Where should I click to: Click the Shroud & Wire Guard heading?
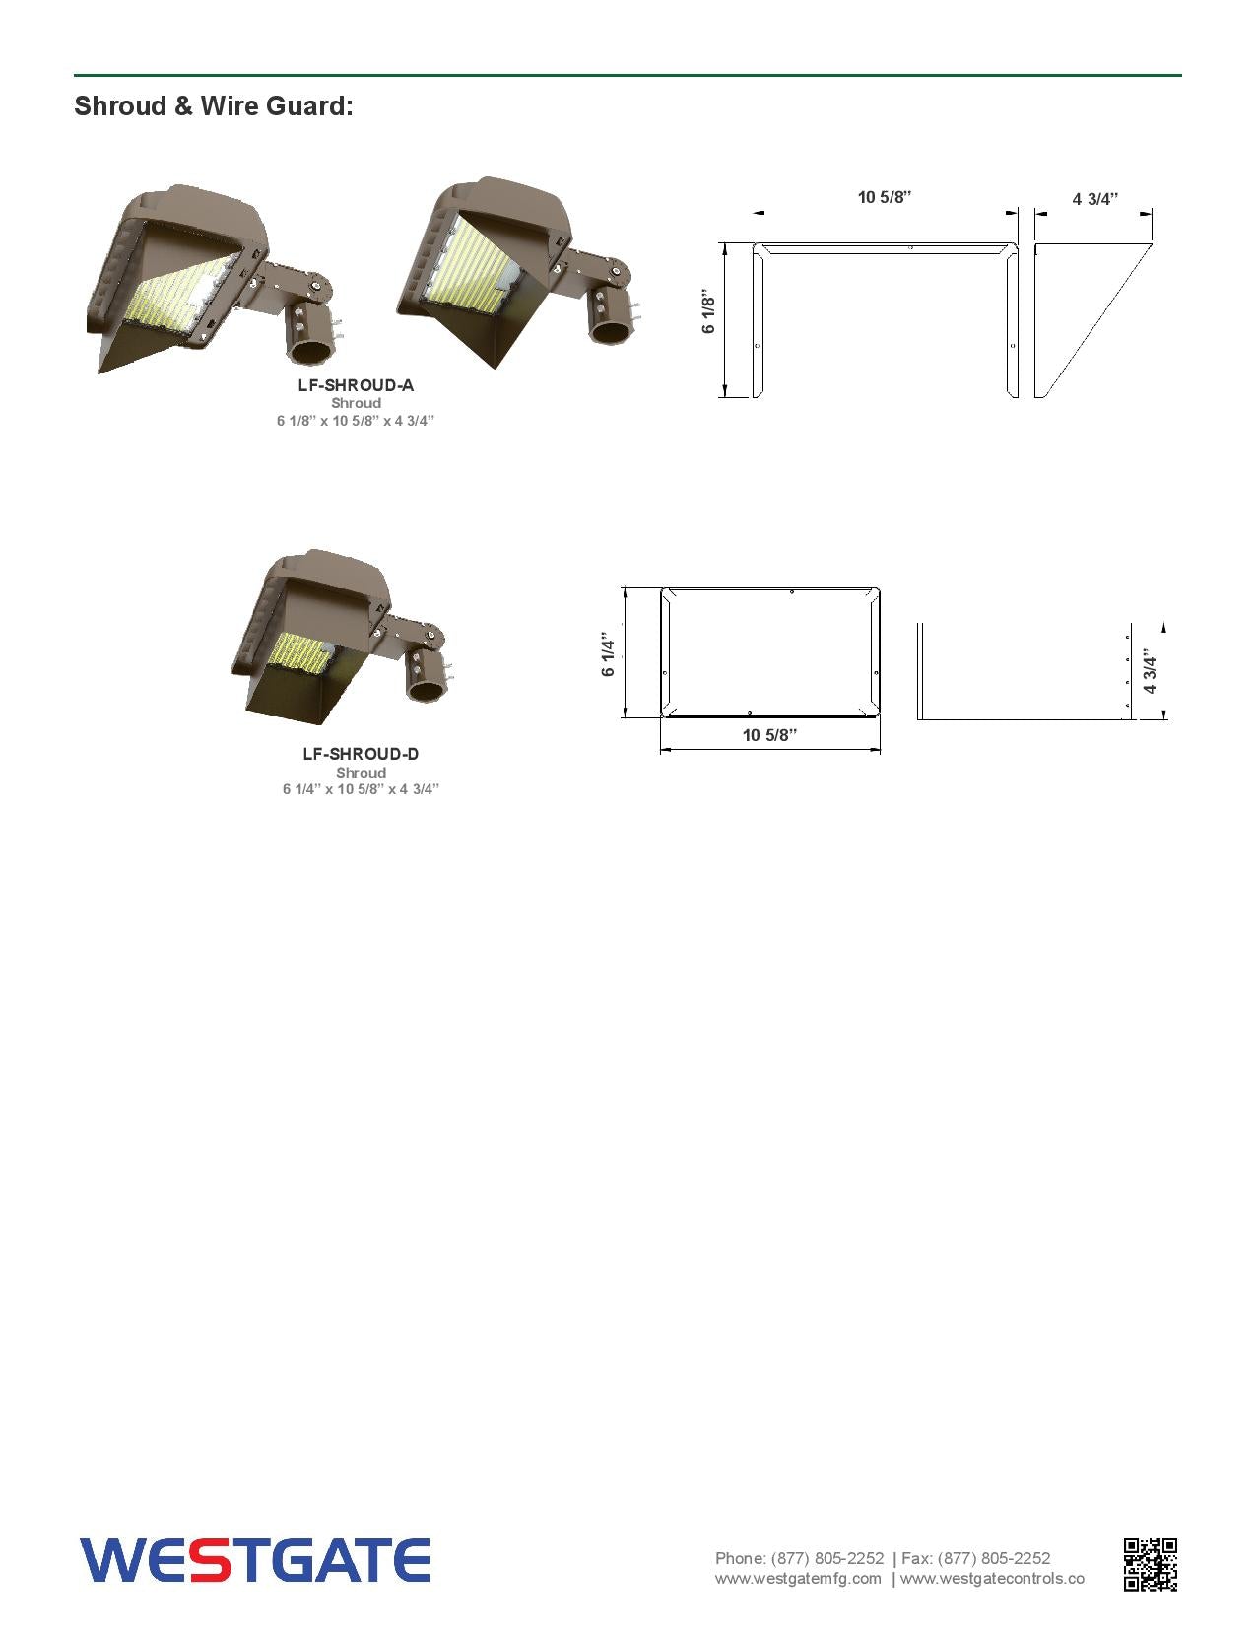(214, 106)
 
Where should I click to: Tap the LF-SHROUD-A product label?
(356, 385)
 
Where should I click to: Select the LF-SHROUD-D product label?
(361, 754)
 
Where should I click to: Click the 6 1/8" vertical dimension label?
(708, 311)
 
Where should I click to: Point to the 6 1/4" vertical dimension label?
(609, 652)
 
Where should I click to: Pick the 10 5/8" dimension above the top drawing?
(885, 197)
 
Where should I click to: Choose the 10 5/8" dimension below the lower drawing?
(769, 735)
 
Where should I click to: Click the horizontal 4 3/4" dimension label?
(1095, 199)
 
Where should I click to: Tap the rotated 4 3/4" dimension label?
(1151, 671)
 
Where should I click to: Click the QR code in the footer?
(1150, 1564)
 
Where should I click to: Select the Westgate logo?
(255, 1560)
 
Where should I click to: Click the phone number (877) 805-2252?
(826, 1558)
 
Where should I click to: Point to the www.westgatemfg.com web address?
(798, 1578)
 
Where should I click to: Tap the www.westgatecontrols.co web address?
(992, 1578)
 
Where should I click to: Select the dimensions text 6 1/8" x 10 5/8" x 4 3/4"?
(356, 421)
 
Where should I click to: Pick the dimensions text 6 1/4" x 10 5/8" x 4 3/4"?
(361, 789)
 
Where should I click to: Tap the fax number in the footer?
(994, 1558)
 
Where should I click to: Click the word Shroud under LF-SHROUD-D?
(361, 773)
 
